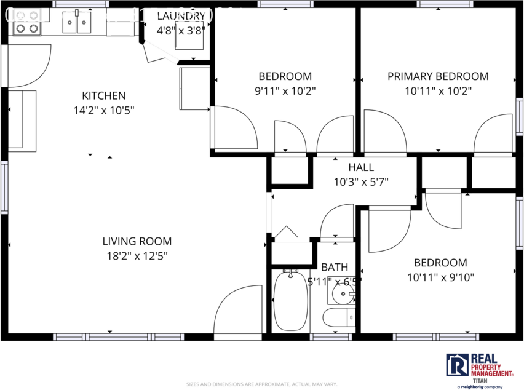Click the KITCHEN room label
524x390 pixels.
103,95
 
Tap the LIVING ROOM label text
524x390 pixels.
137,241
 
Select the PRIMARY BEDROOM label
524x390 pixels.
438,76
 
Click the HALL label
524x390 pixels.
360,167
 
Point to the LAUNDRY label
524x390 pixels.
181,16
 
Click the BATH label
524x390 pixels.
334,267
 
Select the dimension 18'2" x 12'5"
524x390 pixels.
137,256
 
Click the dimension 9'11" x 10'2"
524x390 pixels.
285,91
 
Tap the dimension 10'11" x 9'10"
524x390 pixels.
440,277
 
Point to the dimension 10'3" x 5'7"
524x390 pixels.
360,182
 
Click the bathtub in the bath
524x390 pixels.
290,301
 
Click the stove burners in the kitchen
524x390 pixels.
27,28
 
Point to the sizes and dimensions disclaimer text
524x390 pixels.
261,383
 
